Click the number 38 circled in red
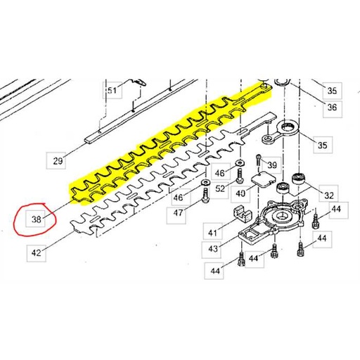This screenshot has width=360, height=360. pos(37,219)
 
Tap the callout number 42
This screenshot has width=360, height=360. pos(37,253)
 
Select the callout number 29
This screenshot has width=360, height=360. pos(58,161)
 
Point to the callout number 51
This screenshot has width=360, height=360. pos(112,90)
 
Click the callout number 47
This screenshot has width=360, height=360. pos(178,213)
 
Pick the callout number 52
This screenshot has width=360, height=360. pos(220,188)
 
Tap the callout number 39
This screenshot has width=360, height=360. pos(272,165)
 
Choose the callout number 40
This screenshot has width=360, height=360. pos(240,193)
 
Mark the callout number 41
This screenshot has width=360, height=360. pos(212,233)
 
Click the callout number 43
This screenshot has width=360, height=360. pos(213,248)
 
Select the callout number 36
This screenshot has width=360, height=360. pos(332,107)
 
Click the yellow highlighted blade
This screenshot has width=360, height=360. pos(171,143)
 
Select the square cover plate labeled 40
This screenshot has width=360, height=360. pos(263,179)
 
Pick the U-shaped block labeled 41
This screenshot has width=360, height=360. pos(243,213)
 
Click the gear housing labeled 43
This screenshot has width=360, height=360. pos(272,220)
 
